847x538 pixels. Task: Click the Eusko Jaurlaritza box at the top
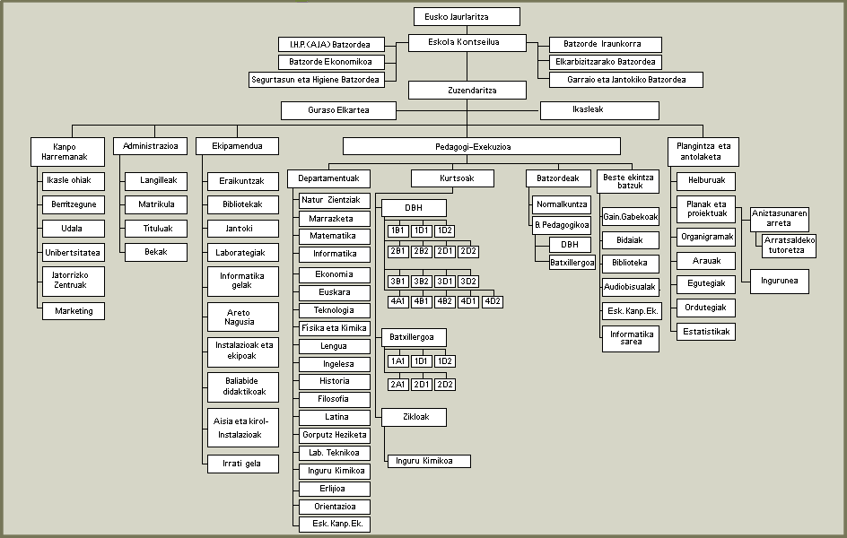coord(467,16)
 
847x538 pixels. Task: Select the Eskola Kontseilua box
coord(467,42)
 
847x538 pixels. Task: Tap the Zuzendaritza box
coord(467,90)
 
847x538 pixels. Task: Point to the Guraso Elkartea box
coord(338,110)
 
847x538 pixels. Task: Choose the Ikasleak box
coord(598,110)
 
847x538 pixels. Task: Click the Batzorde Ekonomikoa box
coord(330,62)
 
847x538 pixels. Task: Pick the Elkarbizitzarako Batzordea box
coord(606,62)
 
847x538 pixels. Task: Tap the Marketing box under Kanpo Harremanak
coord(74,311)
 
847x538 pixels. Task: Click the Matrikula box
coord(157,204)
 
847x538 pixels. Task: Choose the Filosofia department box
coord(335,399)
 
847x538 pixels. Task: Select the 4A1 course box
coord(397,301)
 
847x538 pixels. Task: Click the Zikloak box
coord(413,417)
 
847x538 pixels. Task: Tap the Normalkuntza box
coord(563,204)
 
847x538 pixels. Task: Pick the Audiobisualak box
coord(630,288)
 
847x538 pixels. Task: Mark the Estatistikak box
coord(707,332)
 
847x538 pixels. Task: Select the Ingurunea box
coord(780,281)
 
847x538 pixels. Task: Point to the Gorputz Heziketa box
coord(335,435)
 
